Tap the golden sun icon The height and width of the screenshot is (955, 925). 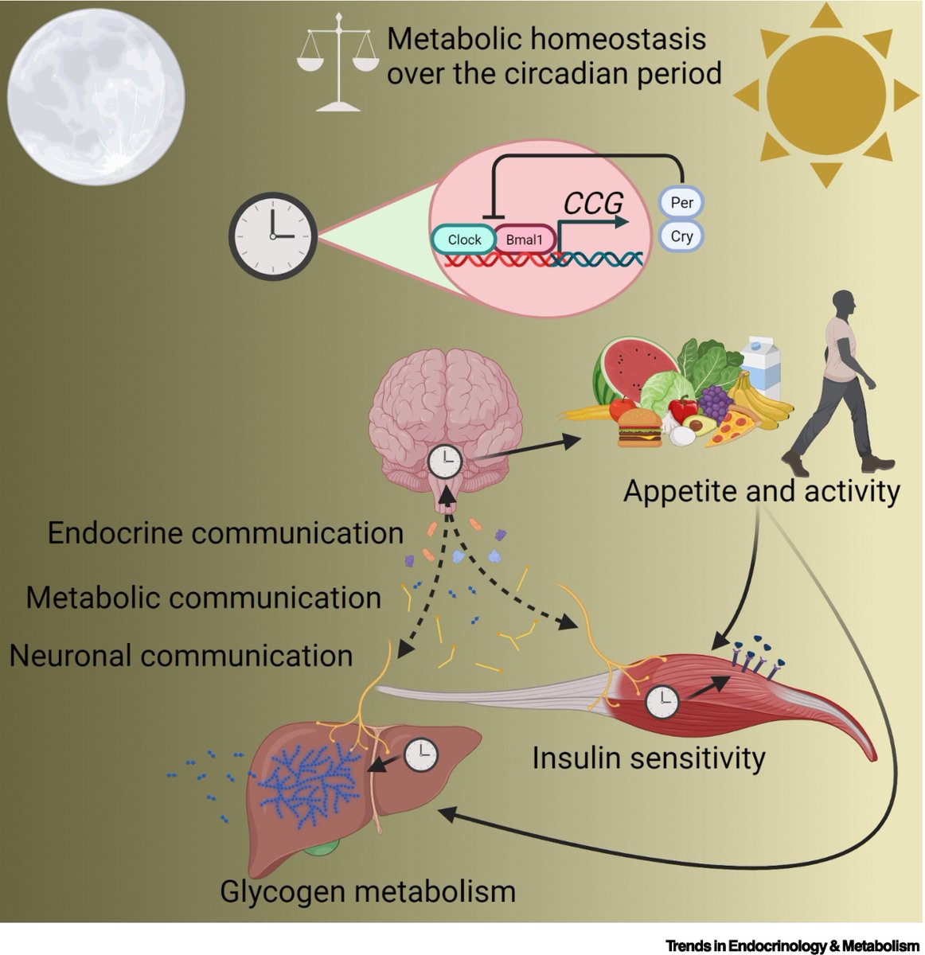tap(825, 95)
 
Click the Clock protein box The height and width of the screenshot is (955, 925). tap(464, 240)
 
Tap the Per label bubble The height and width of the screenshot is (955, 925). tap(681, 202)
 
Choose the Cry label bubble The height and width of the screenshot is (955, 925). tap(681, 236)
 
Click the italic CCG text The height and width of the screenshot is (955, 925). tap(593, 205)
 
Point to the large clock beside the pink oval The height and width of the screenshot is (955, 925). tap(272, 236)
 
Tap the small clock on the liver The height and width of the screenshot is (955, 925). tap(421, 754)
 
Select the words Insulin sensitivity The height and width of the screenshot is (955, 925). tap(648, 758)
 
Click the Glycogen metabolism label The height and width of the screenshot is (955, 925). tap(368, 891)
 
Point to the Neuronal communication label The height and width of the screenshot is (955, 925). tap(181, 656)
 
